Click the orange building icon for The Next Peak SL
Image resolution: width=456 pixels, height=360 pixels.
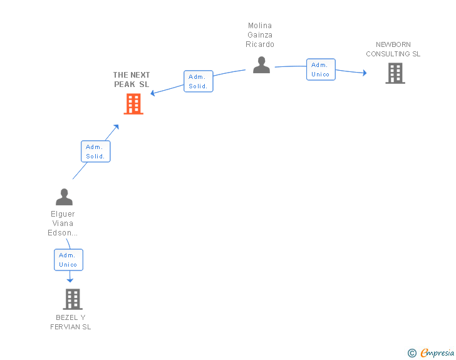(x=133, y=104)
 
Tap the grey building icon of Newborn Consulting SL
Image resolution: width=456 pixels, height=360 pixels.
(x=395, y=73)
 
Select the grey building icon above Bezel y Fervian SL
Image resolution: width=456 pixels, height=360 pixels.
(x=73, y=299)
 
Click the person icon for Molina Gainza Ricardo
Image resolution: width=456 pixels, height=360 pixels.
(x=261, y=64)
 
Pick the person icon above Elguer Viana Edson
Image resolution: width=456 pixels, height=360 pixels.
(x=64, y=197)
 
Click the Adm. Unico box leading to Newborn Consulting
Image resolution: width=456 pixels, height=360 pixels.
(x=321, y=69)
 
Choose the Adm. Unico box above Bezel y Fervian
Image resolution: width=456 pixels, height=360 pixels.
(x=68, y=260)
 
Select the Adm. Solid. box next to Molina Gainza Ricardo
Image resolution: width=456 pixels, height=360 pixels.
(x=199, y=81)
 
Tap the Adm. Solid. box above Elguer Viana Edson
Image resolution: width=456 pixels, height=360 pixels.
(x=96, y=152)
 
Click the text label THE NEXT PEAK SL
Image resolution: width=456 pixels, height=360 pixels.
(x=132, y=80)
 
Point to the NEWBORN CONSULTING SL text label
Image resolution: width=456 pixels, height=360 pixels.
(x=393, y=49)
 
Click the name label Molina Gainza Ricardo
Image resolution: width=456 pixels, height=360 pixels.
(x=260, y=35)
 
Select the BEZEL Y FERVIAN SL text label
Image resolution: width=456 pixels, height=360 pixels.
(x=71, y=322)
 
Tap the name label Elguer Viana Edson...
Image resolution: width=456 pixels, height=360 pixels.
(x=63, y=224)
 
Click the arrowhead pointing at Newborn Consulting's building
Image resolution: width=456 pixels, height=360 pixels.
(x=364, y=73)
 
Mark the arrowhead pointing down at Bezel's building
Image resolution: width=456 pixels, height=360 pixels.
(x=70, y=280)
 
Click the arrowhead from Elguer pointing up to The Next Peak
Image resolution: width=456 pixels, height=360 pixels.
(x=116, y=127)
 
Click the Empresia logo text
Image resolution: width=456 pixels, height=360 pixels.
(x=437, y=353)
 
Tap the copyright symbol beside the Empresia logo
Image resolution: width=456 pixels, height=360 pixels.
(x=412, y=353)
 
